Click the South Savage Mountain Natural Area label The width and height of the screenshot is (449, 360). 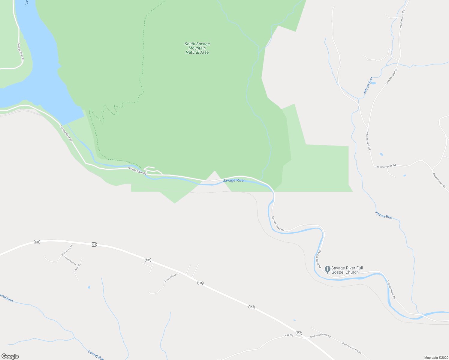[x=197, y=48]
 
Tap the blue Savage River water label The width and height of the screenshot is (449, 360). [x=234, y=180]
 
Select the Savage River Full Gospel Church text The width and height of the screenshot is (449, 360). [x=347, y=270]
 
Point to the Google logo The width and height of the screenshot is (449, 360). [x=10, y=356]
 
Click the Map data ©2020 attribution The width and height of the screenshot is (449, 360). [x=436, y=358]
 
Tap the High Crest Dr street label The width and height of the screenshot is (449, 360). [x=67, y=250]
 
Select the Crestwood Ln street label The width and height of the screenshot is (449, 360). [x=70, y=260]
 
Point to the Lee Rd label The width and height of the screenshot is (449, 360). [x=289, y=335]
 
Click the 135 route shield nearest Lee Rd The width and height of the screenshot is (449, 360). [x=298, y=333]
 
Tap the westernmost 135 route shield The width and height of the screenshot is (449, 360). [x=37, y=242]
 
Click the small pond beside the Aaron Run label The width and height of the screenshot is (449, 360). [x=373, y=83]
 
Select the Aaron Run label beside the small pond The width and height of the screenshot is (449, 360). [x=368, y=85]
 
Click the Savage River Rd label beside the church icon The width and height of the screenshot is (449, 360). [x=320, y=259]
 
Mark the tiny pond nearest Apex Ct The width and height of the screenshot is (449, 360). [x=89, y=287]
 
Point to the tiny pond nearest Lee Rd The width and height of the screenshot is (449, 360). [x=294, y=320]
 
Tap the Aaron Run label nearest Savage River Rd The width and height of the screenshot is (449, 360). [x=384, y=215]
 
